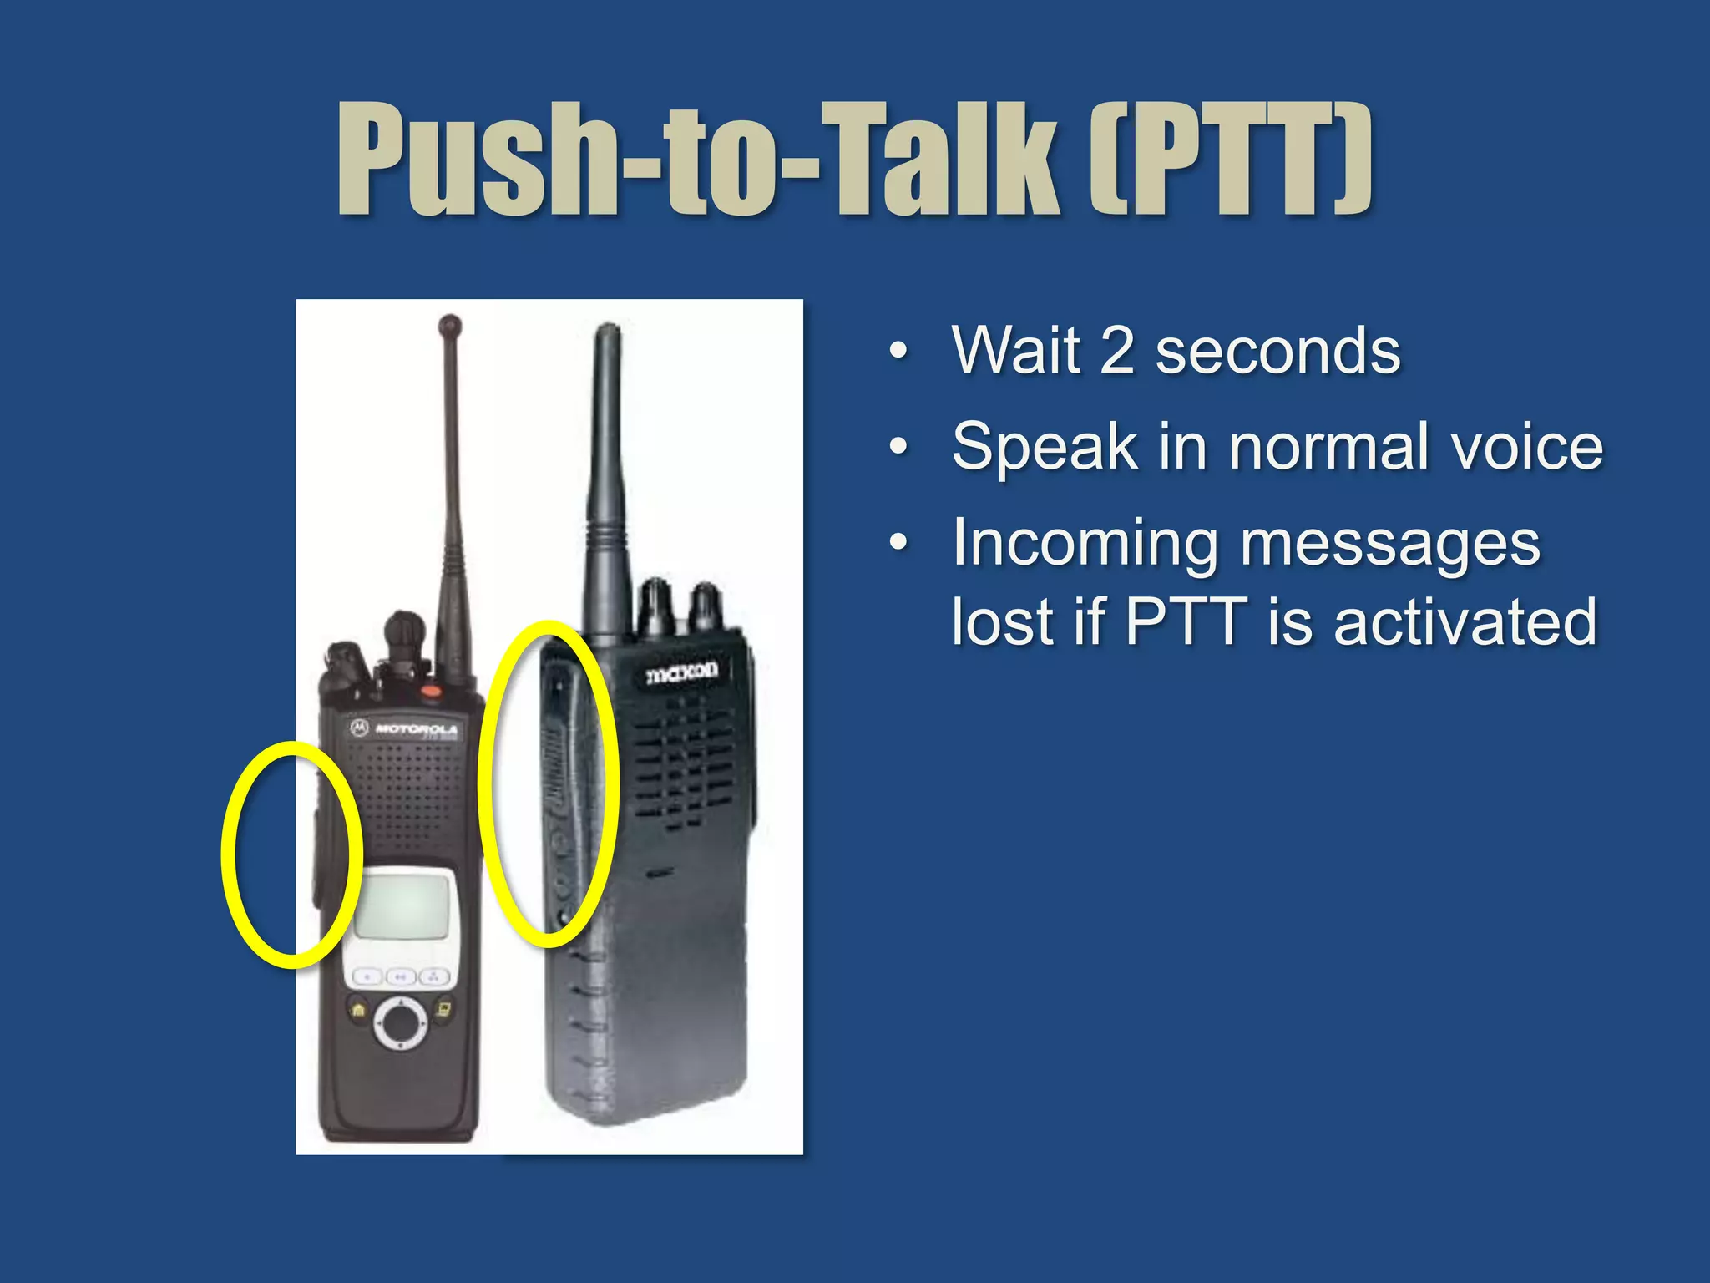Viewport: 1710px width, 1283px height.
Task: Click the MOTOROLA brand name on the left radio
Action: click(x=415, y=728)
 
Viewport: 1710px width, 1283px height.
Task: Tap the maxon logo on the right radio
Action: click(x=681, y=672)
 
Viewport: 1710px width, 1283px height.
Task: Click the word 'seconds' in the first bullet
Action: click(x=1277, y=351)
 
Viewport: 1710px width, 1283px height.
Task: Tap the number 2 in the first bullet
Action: click(x=1117, y=351)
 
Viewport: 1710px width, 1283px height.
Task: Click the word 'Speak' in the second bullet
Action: click(x=1045, y=447)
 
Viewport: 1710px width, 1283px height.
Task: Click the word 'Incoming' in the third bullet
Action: click(x=1085, y=543)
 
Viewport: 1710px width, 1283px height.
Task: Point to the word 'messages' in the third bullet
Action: click(x=1390, y=543)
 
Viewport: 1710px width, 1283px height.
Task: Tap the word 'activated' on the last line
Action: click(x=1465, y=622)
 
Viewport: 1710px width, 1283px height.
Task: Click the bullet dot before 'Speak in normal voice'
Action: click(x=898, y=447)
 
